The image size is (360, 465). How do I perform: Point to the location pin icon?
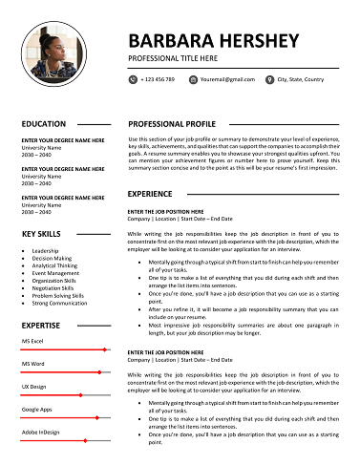269,79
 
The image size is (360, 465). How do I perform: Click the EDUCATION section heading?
43,124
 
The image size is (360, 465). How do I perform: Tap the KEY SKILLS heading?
42,234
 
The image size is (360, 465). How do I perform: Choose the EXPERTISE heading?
41,325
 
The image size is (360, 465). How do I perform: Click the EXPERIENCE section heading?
150,194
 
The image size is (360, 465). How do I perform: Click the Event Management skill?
55,273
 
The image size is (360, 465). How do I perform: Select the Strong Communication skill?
59,303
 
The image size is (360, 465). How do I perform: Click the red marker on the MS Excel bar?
104,349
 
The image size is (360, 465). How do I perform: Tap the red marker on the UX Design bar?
80,395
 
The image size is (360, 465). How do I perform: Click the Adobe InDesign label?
41,432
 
